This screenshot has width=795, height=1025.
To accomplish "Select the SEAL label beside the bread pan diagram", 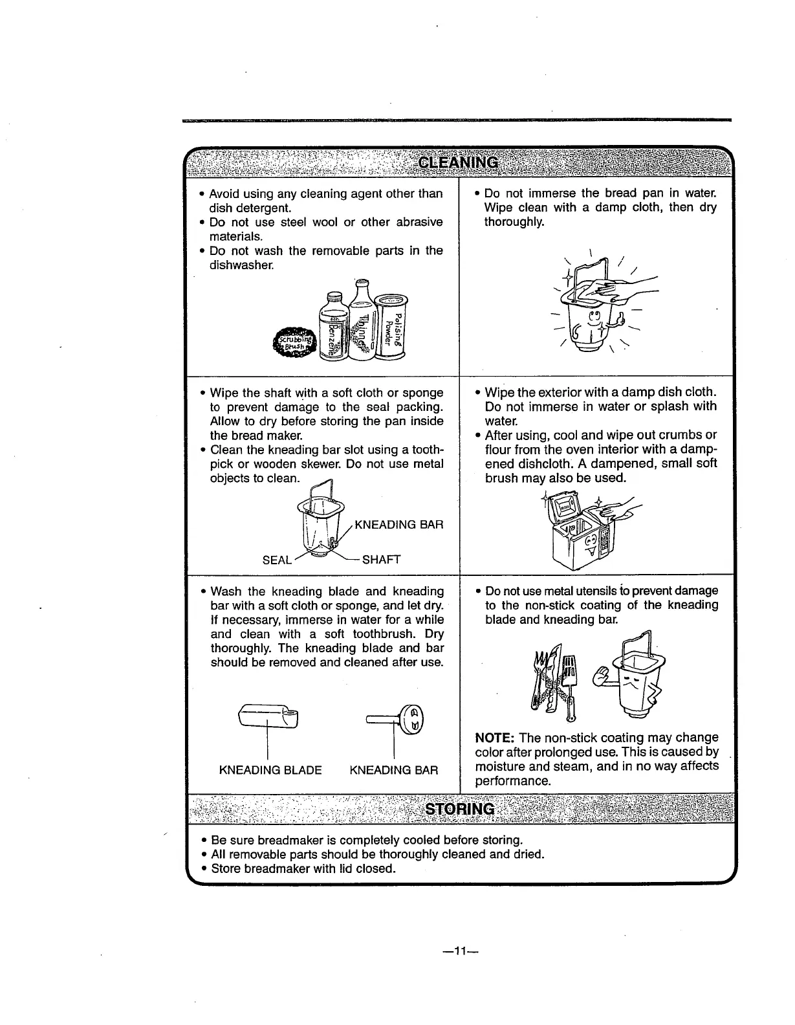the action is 277,560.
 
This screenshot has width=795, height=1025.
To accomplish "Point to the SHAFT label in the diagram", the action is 382,560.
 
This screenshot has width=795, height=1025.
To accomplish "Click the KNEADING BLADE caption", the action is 270,770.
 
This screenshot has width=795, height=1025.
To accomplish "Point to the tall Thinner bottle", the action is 362,320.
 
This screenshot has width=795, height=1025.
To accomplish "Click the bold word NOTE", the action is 494,738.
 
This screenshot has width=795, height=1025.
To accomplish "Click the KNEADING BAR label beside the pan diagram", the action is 399,524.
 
